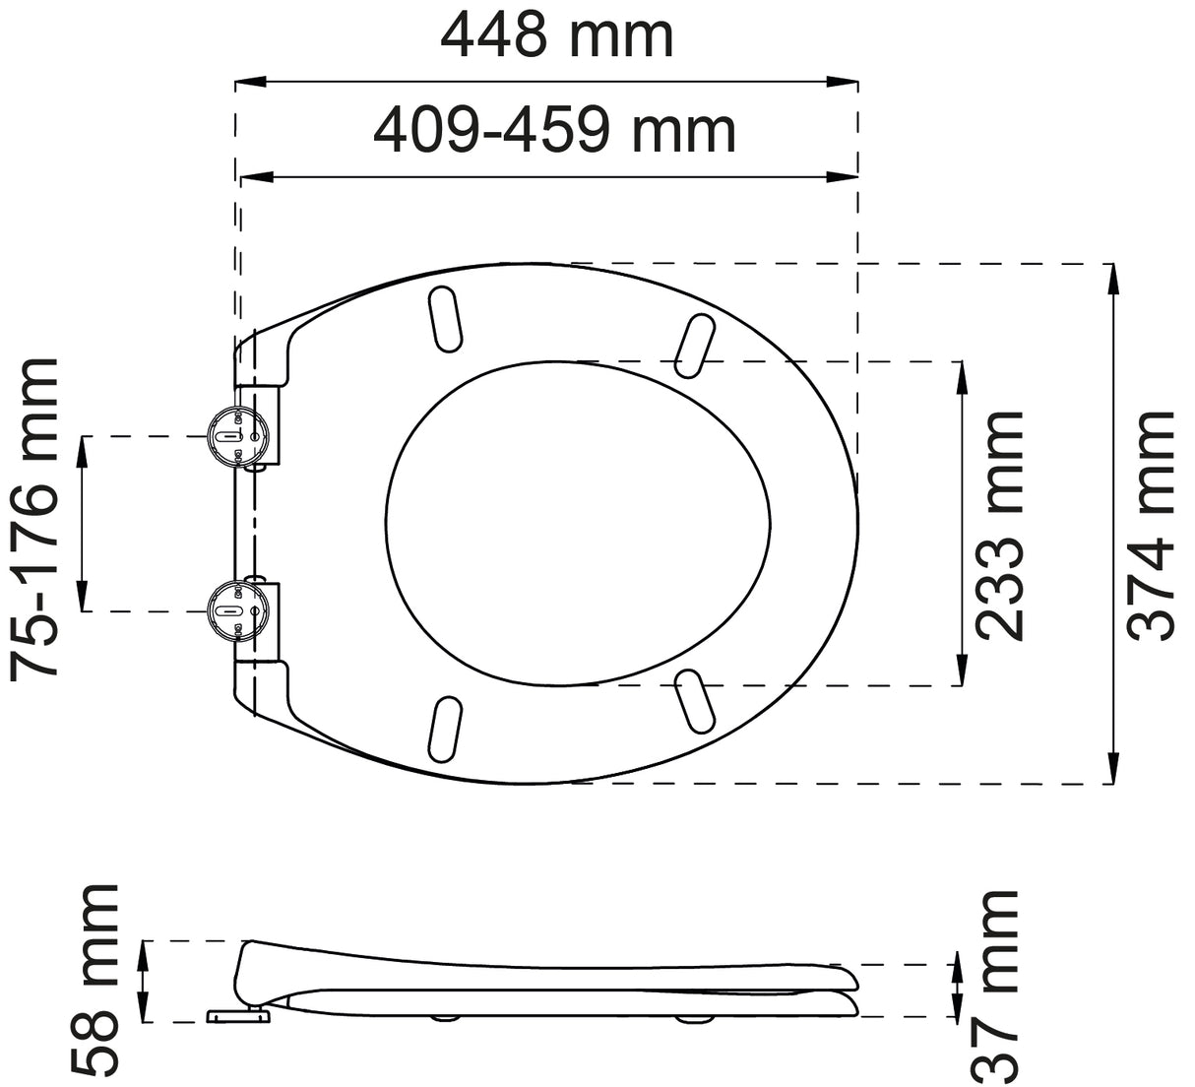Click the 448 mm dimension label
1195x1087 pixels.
[556, 36]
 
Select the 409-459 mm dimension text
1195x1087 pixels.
[554, 130]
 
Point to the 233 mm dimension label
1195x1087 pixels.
[1001, 525]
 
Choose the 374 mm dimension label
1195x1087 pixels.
[1152, 525]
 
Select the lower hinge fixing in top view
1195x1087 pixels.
[234, 611]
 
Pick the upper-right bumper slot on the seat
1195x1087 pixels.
[695, 344]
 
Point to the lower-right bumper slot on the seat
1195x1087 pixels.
[695, 703]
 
